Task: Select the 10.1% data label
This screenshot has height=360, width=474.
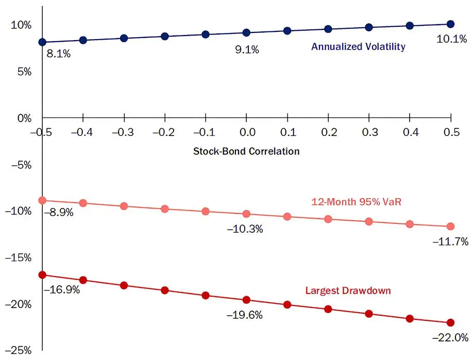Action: point(452,40)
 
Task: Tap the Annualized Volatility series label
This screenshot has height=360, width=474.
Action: point(358,47)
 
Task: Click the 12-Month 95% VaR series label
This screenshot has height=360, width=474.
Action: point(356,202)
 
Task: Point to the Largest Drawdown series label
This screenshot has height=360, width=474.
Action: point(348,290)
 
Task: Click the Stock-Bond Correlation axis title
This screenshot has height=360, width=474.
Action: point(246,151)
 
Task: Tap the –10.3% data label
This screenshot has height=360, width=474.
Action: point(245,229)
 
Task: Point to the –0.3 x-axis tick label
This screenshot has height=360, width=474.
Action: point(124,133)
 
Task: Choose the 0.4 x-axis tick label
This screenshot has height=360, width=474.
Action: point(410,133)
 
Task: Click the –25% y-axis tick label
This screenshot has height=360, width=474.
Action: point(18,351)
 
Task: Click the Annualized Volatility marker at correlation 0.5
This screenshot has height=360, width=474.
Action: point(450,24)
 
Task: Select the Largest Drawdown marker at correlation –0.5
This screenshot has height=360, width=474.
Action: point(42,275)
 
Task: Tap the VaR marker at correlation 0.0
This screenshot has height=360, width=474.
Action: point(246,214)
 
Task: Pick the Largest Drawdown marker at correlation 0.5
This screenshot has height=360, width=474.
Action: point(450,322)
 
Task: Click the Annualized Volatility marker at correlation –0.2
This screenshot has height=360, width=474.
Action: point(165,36)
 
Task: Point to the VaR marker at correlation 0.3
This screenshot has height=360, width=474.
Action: point(369,221)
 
